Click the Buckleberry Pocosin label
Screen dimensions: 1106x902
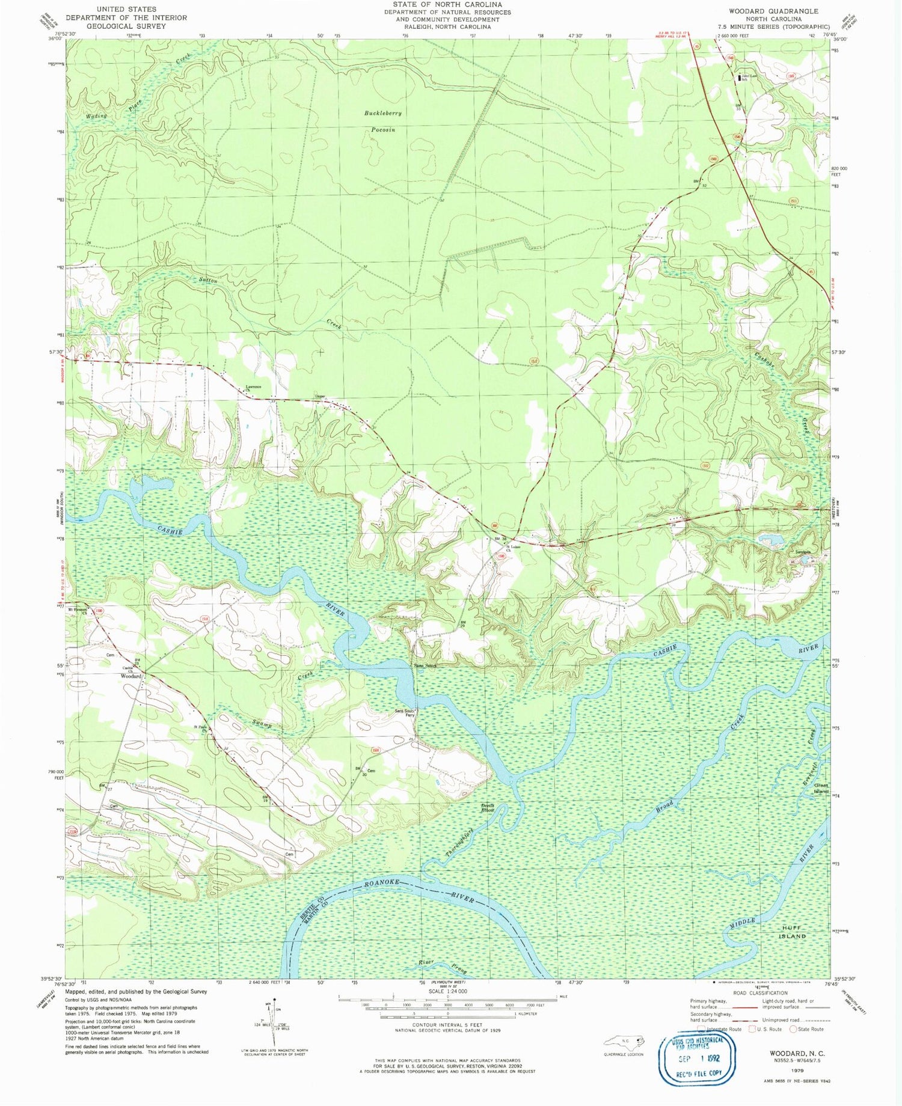point(382,121)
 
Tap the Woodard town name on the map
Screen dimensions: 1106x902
point(131,676)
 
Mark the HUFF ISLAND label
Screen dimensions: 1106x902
point(792,932)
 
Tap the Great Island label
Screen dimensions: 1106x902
point(821,788)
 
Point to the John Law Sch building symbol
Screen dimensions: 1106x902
point(740,78)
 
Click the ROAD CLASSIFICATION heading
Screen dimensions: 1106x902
point(759,993)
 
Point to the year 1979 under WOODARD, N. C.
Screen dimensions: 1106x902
point(797,1071)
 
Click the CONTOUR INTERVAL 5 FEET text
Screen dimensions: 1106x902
point(447,1024)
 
